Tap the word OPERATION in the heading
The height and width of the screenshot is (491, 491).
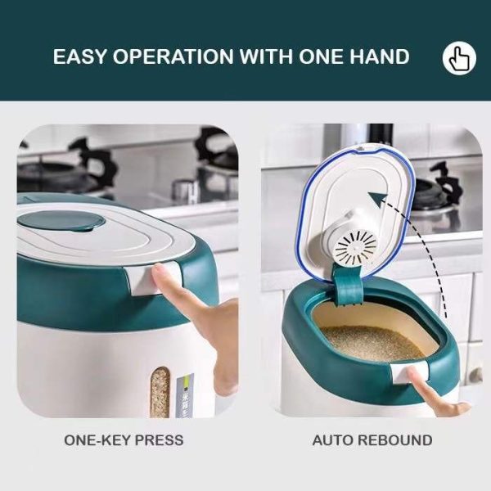[x=173, y=56]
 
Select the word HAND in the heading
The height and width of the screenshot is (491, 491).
[x=380, y=56]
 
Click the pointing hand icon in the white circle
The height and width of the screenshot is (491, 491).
[x=459, y=58]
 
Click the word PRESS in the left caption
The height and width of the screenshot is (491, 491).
[x=159, y=440]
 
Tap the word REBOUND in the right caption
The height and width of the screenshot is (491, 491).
[x=395, y=440]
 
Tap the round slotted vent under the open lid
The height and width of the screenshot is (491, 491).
[x=356, y=245]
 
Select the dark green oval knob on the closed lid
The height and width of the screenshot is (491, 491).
[x=61, y=221]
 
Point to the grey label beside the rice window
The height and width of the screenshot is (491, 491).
[x=185, y=395]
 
